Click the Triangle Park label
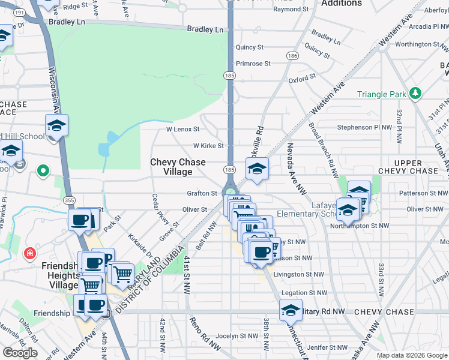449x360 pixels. pyautogui.click(x=381, y=94)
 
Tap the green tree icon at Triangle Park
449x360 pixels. pyautogui.click(x=415, y=93)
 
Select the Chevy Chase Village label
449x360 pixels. pyautogui.click(x=178, y=167)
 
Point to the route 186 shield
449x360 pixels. pyautogui.click(x=292, y=55)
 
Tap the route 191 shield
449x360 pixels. pyautogui.click(x=19, y=12)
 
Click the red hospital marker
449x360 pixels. pyautogui.click(x=29, y=254)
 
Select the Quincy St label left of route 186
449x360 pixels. pyautogui.click(x=250, y=47)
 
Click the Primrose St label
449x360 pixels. pyautogui.click(x=253, y=63)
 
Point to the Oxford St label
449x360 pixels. pyautogui.click(x=302, y=79)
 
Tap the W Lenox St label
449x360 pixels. pyautogui.click(x=182, y=129)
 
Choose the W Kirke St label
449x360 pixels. pyautogui.click(x=208, y=146)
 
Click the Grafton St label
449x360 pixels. pyautogui.click(x=202, y=194)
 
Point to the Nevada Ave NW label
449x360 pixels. pyautogui.click(x=294, y=168)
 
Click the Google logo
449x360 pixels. pyautogui.click(x=20, y=352)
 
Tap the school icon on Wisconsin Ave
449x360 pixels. pyautogui.click(x=56, y=126)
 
